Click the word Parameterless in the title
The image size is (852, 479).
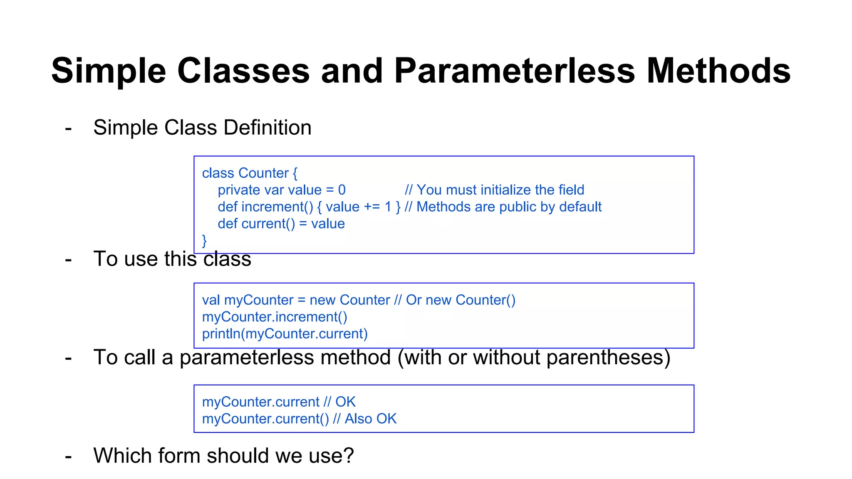[514, 71]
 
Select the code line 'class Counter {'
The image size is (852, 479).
[250, 173]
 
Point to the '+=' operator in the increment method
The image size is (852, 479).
[372, 207]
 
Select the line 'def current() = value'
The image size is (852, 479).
[281, 224]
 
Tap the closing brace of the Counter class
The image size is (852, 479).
[204, 241]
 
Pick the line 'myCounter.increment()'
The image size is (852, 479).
[275, 317]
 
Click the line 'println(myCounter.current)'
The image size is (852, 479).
[285, 334]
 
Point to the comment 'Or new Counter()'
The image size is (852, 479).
[461, 300]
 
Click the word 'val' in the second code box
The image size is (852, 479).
[211, 300]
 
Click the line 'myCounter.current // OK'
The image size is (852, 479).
[279, 402]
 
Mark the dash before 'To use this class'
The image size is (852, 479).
[69, 260]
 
